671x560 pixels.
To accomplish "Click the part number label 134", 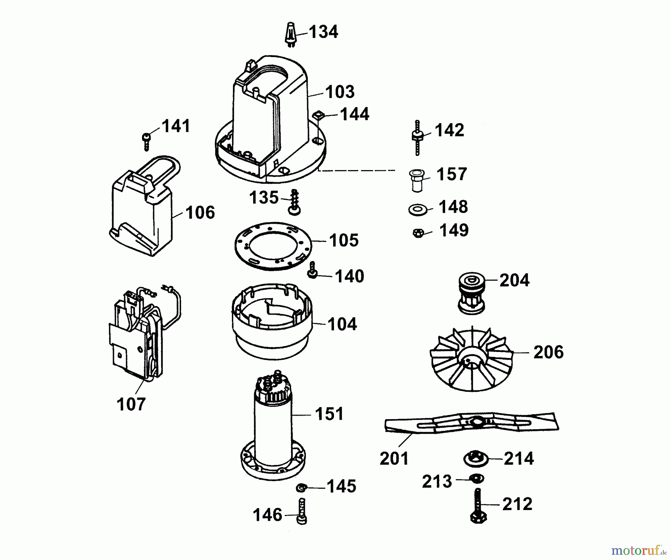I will pos(323,32).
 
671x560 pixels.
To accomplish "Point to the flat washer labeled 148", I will pos(418,210).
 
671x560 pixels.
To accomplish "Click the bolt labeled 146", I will pos(302,512).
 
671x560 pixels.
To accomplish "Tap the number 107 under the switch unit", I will pos(131,404).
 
